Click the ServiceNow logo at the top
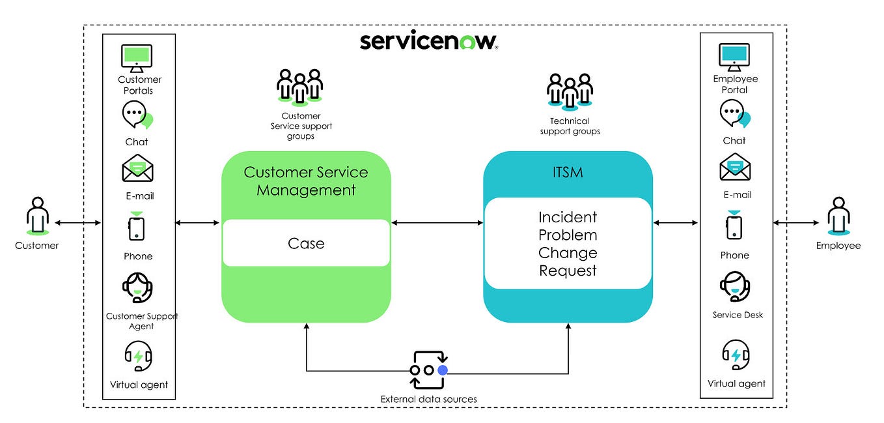point(429,41)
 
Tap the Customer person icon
point(37,216)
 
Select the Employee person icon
point(838,216)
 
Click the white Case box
point(306,243)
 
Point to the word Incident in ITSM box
point(568,217)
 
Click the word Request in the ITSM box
point(568,270)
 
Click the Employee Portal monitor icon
point(734,58)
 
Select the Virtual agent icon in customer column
point(138,357)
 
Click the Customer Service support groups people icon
point(299,86)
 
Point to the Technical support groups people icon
point(570,90)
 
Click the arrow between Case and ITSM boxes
point(437,224)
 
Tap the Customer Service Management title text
point(306,181)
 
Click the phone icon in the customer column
point(137,228)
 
